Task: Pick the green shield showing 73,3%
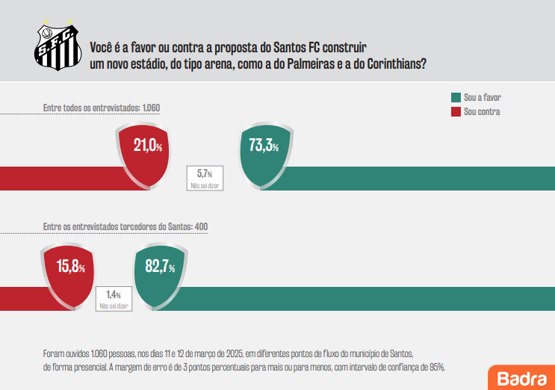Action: coord(263,155)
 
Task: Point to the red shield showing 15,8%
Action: coord(66,274)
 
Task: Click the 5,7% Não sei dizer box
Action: coord(205,177)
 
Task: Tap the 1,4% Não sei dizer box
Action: coord(113,300)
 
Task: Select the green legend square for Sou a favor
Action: coord(456,98)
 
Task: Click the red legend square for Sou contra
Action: coord(456,112)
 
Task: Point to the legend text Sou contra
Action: coord(482,112)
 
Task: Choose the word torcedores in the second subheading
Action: coord(127,226)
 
